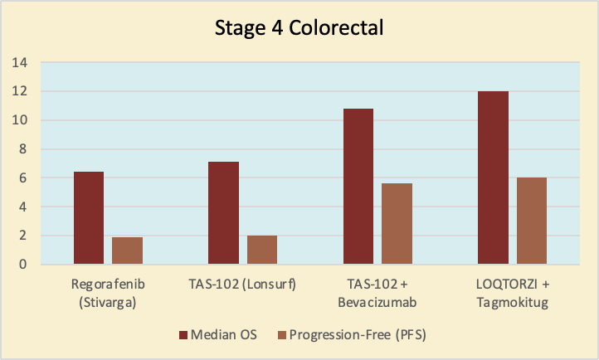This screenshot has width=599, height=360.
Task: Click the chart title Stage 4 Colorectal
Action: (299, 28)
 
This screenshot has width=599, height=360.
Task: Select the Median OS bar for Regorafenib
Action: (89, 217)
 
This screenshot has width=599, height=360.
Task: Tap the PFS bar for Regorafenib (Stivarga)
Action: (127, 251)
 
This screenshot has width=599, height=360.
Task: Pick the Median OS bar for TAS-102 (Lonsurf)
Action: (223, 212)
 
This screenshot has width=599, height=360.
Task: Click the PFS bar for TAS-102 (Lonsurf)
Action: (262, 250)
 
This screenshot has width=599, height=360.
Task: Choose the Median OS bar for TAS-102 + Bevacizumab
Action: (358, 187)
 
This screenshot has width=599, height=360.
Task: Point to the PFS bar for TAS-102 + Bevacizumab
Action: (397, 223)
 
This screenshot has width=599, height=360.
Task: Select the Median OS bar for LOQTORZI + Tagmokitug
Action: (493, 178)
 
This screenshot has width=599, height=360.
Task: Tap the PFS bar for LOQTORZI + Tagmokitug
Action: (532, 221)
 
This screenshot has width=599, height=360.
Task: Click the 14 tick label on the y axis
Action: (19, 62)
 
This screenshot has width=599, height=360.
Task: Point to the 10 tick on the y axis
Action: (19, 120)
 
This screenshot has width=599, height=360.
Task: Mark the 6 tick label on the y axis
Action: (23, 178)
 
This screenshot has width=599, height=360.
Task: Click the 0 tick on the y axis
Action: (23, 264)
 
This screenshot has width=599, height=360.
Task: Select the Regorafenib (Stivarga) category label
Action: (108, 293)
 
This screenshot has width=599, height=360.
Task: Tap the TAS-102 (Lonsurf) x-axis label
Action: (242, 285)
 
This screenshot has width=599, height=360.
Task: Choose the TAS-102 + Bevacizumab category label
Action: (377, 293)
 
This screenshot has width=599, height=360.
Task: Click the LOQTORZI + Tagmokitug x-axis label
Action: (512, 293)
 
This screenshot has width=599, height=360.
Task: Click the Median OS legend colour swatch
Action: (183, 335)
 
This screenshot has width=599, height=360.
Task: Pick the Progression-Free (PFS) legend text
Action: (358, 335)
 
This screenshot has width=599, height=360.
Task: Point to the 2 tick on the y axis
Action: (23, 236)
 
